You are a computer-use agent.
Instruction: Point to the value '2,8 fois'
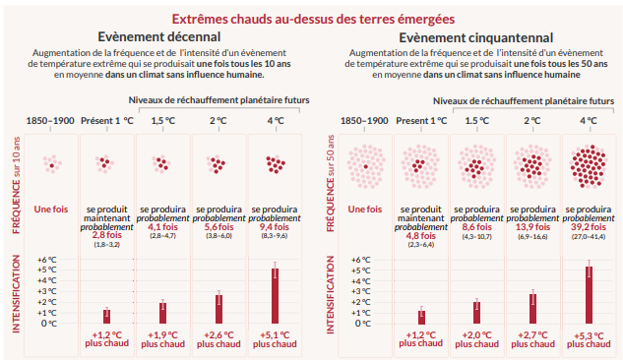(x=106, y=235)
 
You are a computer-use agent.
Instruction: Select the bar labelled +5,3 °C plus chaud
(x=589, y=293)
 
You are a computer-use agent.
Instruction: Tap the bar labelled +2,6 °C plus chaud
(x=218, y=309)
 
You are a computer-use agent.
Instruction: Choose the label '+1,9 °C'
(x=162, y=334)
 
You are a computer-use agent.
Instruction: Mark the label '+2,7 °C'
(x=532, y=334)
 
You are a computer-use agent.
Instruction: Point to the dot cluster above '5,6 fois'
(x=218, y=164)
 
